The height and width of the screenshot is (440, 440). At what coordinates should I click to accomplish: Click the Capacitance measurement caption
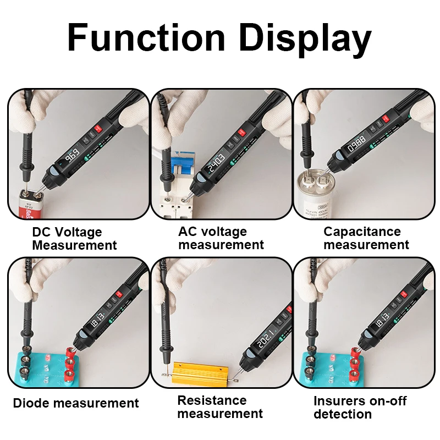pos(366,238)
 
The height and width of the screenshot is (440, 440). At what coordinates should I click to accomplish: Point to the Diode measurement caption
pos(76,403)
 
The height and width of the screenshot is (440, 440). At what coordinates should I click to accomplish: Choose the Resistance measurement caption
pos(220,407)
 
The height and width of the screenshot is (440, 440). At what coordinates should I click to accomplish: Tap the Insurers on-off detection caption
pos(360,407)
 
